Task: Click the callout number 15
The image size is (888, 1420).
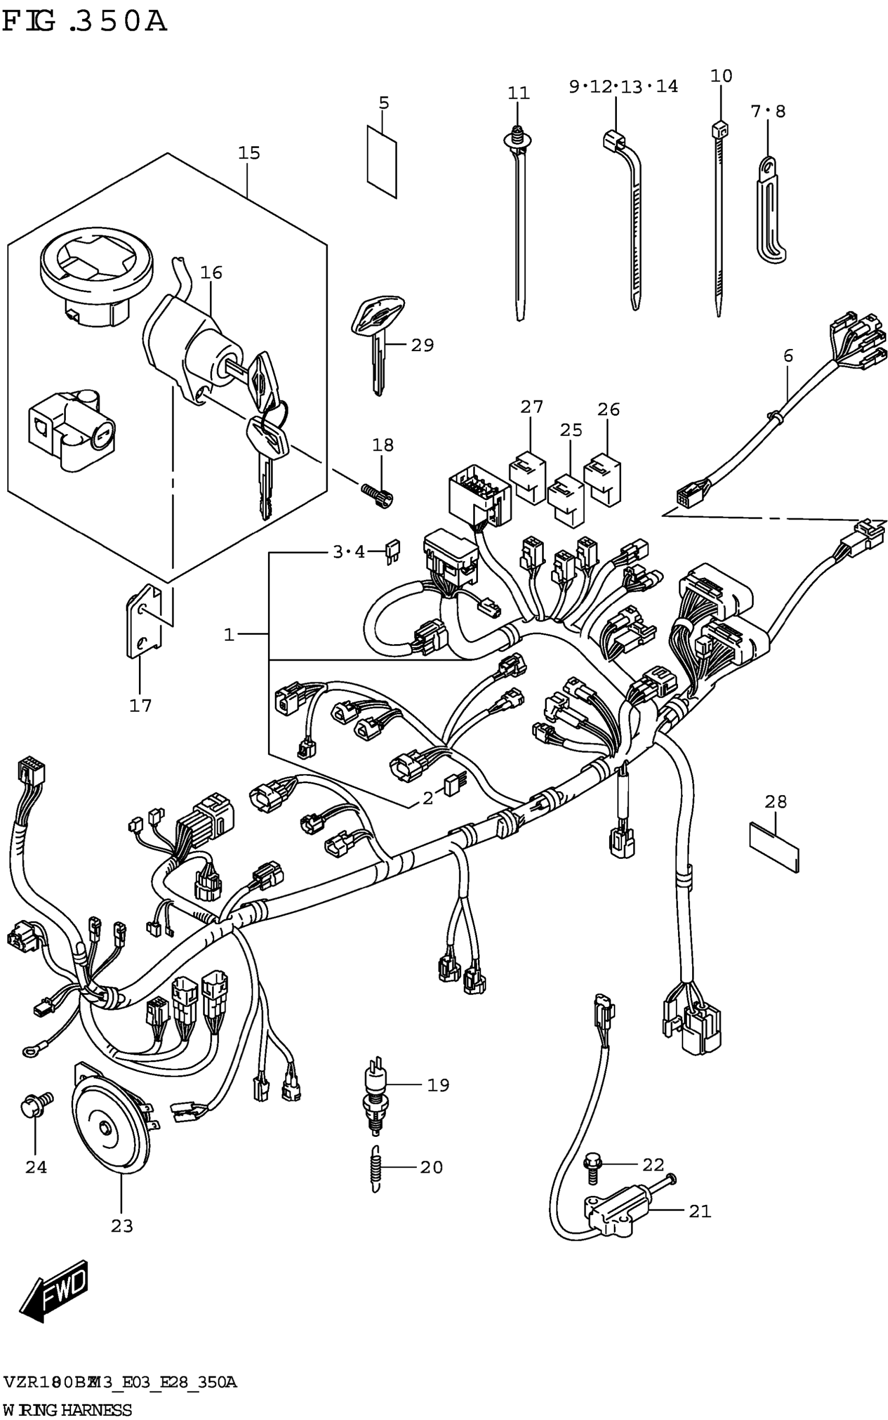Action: pos(249,153)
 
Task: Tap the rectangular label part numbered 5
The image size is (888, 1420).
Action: pos(382,161)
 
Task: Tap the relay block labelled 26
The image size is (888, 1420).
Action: pos(603,480)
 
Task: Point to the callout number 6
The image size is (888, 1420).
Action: pos(788,355)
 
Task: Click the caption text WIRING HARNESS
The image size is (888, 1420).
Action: pos(67,1410)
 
